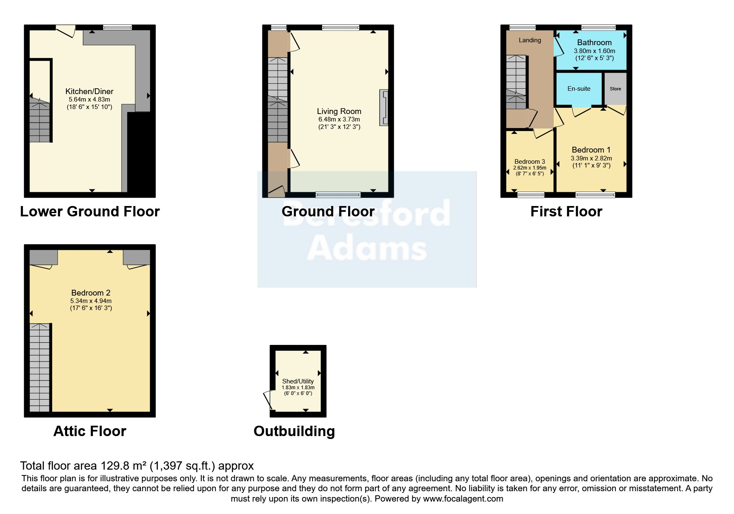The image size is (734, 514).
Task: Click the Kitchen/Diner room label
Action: click(90, 92)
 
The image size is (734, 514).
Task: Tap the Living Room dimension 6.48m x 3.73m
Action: click(339, 119)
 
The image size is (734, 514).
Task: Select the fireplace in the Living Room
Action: click(384, 108)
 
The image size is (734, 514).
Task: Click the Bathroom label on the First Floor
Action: click(594, 43)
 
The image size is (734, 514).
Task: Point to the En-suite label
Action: click(579, 89)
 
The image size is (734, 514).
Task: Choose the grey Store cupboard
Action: click(615, 89)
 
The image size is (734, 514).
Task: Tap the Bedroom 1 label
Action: click(591, 150)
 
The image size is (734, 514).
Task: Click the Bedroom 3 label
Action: click(530, 162)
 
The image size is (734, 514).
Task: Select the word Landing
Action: click(530, 40)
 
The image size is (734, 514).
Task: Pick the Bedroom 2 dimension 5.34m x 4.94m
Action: click(91, 301)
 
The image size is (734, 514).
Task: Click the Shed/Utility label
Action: click(298, 381)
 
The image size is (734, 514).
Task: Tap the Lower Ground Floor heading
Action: click(90, 211)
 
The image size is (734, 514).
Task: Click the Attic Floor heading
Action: click(90, 431)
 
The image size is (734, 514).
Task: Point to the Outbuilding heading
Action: click(294, 432)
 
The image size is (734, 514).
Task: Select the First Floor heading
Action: click(566, 211)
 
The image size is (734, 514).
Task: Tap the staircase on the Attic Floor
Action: click(40, 368)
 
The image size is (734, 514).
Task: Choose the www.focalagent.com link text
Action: click(463, 499)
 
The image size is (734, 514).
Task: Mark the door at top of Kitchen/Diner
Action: click(65, 31)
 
